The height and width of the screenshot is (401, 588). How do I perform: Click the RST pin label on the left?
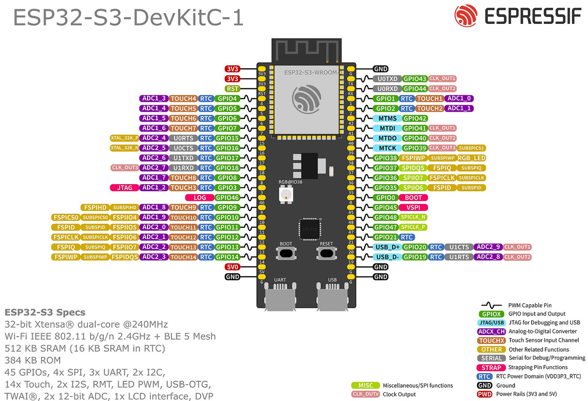(x=232, y=89)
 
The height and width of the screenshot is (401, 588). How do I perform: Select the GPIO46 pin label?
(x=227, y=198)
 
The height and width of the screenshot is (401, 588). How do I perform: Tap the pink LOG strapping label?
(x=199, y=198)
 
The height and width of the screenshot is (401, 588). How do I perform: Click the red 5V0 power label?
(x=232, y=267)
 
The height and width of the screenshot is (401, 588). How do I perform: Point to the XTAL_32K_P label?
(x=124, y=138)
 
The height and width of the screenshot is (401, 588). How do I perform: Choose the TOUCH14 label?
(x=184, y=257)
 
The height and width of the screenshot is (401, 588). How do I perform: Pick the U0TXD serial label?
(x=387, y=79)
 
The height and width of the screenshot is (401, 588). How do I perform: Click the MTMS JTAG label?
(x=387, y=119)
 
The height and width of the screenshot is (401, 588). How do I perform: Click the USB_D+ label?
(x=387, y=247)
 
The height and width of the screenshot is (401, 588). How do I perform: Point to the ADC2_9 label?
(x=488, y=247)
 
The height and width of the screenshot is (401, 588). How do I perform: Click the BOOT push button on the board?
(x=286, y=253)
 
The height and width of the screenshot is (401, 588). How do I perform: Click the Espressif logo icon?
(x=466, y=16)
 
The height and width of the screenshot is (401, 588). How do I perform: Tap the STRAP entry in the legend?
(x=491, y=367)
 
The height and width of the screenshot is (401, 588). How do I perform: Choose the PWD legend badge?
(x=485, y=394)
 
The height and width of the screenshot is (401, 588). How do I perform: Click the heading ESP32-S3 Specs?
(x=45, y=312)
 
